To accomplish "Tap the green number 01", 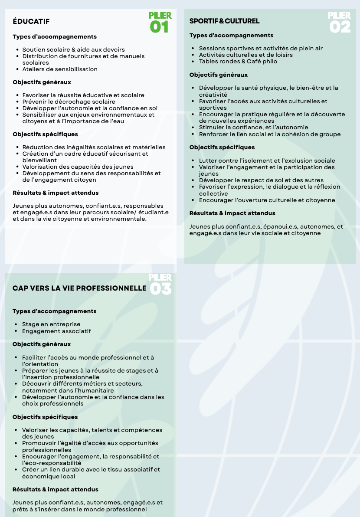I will tap(159, 27).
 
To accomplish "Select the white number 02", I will tap(340, 27).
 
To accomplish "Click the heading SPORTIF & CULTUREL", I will tap(224, 21).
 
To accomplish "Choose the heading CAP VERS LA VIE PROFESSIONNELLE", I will tap(79, 288).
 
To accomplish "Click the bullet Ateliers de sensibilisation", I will tap(60, 69).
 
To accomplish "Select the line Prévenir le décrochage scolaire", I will tap(69, 101).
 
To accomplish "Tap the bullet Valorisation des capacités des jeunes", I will tap(78, 167).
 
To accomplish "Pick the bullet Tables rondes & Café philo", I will tap(238, 61).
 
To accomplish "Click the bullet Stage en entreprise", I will tap(51, 324).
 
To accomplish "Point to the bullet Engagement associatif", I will tap(56, 331).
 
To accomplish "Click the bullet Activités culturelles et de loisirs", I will tap(245, 55).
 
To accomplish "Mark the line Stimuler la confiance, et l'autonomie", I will tap(253, 127).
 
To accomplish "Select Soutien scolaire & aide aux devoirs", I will tap(73, 49).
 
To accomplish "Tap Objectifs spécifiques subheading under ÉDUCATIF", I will tap(45, 134).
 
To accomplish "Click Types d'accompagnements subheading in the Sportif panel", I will tap(231, 35).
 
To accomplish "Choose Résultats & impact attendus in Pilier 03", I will tap(55, 489).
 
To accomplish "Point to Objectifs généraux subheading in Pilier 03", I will tap(42, 344).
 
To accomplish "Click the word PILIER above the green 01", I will tap(160, 16).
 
